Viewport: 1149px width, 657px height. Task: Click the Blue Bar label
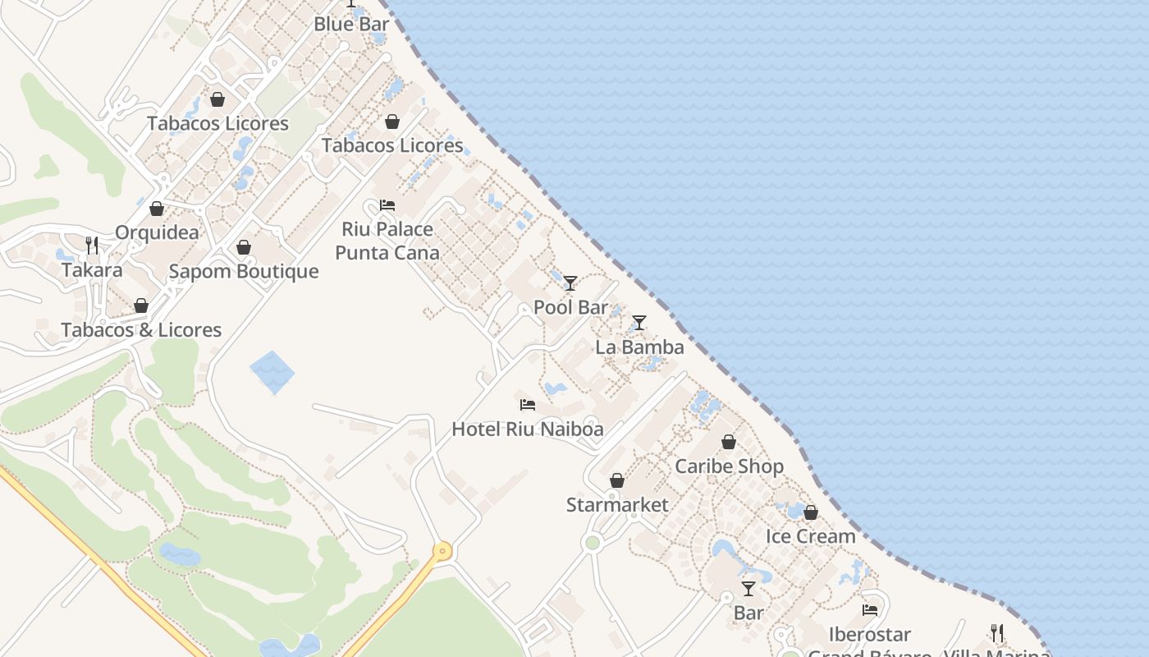tap(351, 25)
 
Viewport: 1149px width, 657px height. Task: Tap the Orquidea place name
tap(157, 232)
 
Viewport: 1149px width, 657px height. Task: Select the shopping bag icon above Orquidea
tap(157, 209)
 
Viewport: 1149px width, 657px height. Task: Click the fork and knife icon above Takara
tap(92, 245)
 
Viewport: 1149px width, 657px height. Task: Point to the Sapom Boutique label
tap(244, 271)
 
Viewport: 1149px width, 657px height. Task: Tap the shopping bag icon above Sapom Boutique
tap(244, 247)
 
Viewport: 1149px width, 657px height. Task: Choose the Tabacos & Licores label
tap(141, 330)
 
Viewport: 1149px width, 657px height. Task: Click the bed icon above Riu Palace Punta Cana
tap(387, 204)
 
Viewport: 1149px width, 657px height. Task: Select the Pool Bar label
tap(570, 308)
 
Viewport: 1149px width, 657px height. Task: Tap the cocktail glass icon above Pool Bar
tap(570, 283)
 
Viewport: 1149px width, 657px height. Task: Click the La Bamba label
tap(639, 347)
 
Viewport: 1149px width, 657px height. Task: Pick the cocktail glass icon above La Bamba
tap(639, 323)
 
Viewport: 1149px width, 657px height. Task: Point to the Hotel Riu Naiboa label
tap(528, 429)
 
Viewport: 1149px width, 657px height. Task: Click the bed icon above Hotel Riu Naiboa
tap(528, 405)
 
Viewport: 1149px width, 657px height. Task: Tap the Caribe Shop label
tap(729, 466)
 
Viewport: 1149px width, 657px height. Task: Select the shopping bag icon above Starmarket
tap(617, 480)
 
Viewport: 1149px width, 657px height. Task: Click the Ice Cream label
tap(811, 536)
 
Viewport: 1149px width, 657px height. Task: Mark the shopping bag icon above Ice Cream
tap(811, 512)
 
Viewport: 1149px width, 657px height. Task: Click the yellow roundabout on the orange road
tap(443, 551)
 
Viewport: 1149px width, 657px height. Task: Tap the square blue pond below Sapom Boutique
tap(272, 372)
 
